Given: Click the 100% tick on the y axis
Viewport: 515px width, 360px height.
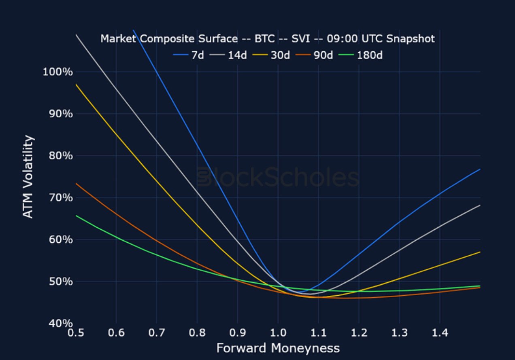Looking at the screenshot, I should pyautogui.click(x=57, y=72).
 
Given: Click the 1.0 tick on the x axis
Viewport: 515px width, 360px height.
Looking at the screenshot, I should pyautogui.click(x=278, y=333).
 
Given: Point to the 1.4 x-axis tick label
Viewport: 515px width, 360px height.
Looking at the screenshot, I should pyautogui.click(x=440, y=333).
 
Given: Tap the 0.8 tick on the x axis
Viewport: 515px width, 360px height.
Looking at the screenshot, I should pyautogui.click(x=197, y=333).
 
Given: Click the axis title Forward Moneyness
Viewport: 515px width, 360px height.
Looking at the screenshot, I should pyautogui.click(x=278, y=348).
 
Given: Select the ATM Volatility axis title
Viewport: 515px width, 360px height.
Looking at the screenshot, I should pyautogui.click(x=28, y=177).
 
